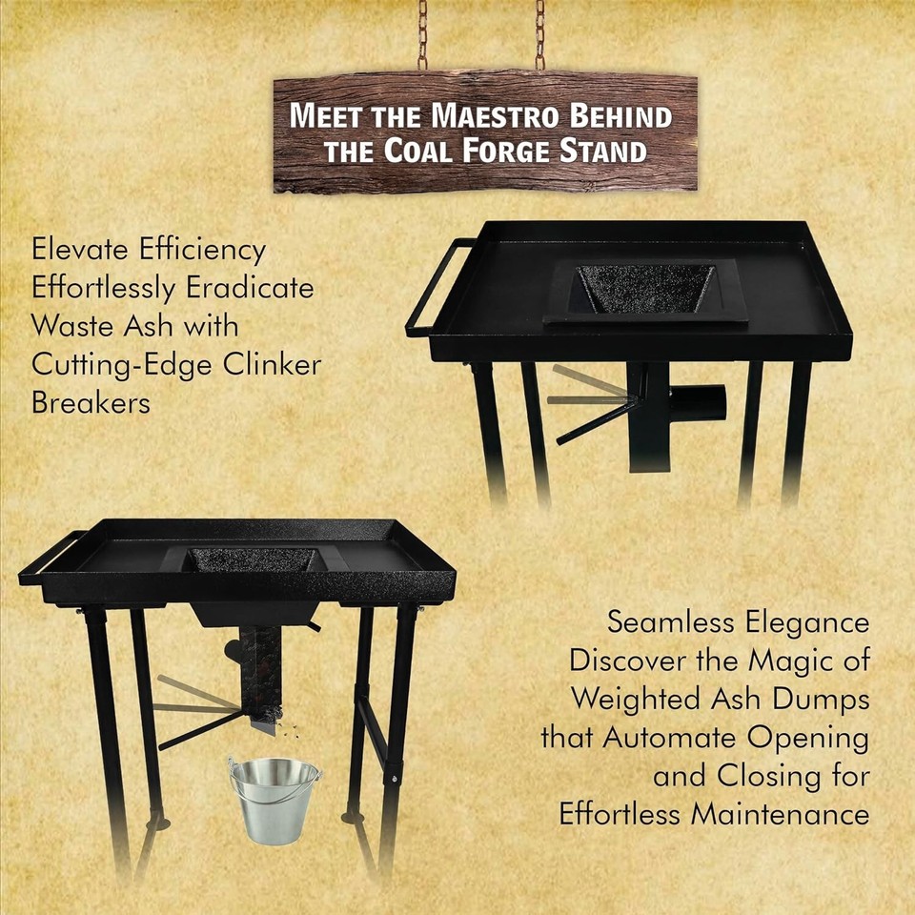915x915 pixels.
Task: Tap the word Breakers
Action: (x=91, y=402)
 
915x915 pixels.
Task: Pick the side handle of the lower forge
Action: (x=46, y=558)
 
